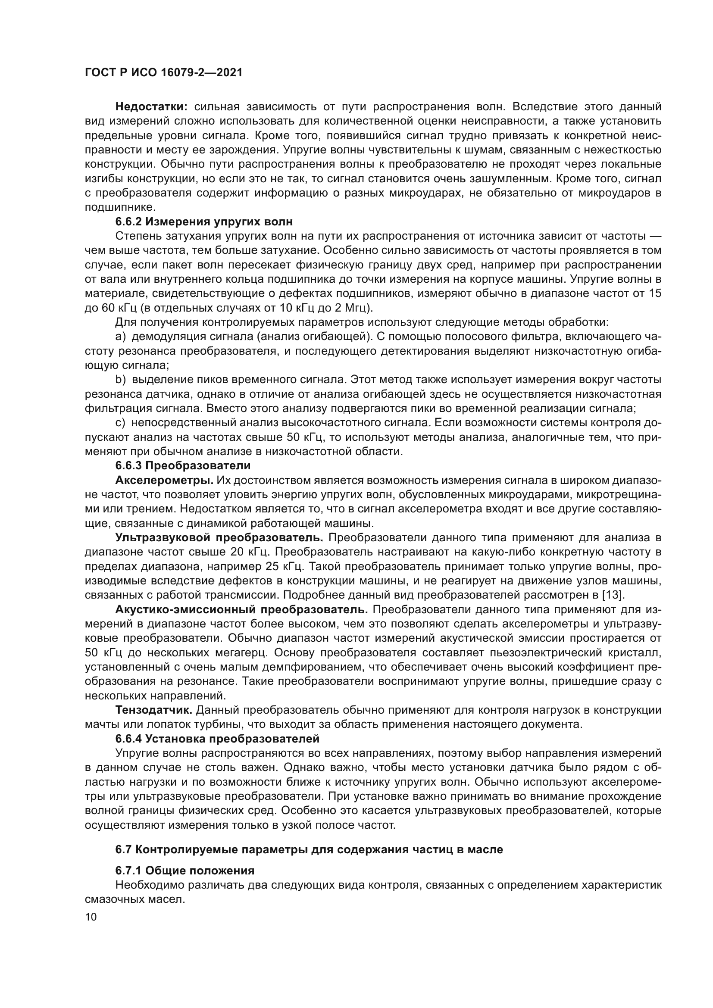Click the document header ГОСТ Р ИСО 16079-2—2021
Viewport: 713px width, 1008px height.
pos(163,73)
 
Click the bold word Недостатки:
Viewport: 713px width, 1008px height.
pos(151,107)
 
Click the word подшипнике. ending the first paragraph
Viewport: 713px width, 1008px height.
pos(119,207)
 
